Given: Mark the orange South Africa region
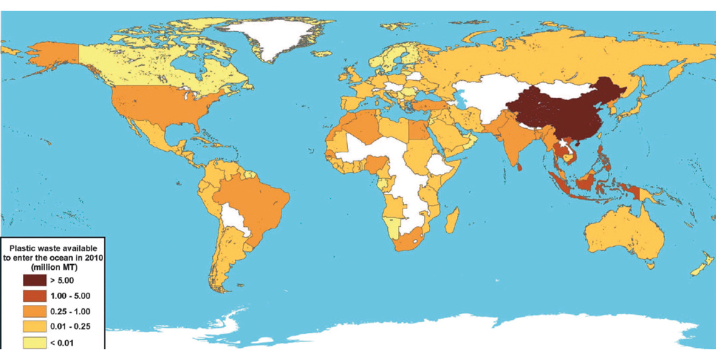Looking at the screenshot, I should click(410, 240).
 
